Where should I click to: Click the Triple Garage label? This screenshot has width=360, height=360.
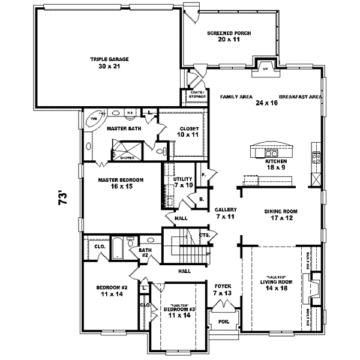pyautogui.click(x=110, y=59)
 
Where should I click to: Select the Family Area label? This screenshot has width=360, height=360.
pyautogui.click(x=236, y=97)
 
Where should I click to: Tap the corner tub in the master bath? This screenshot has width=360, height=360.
pyautogui.click(x=93, y=118)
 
